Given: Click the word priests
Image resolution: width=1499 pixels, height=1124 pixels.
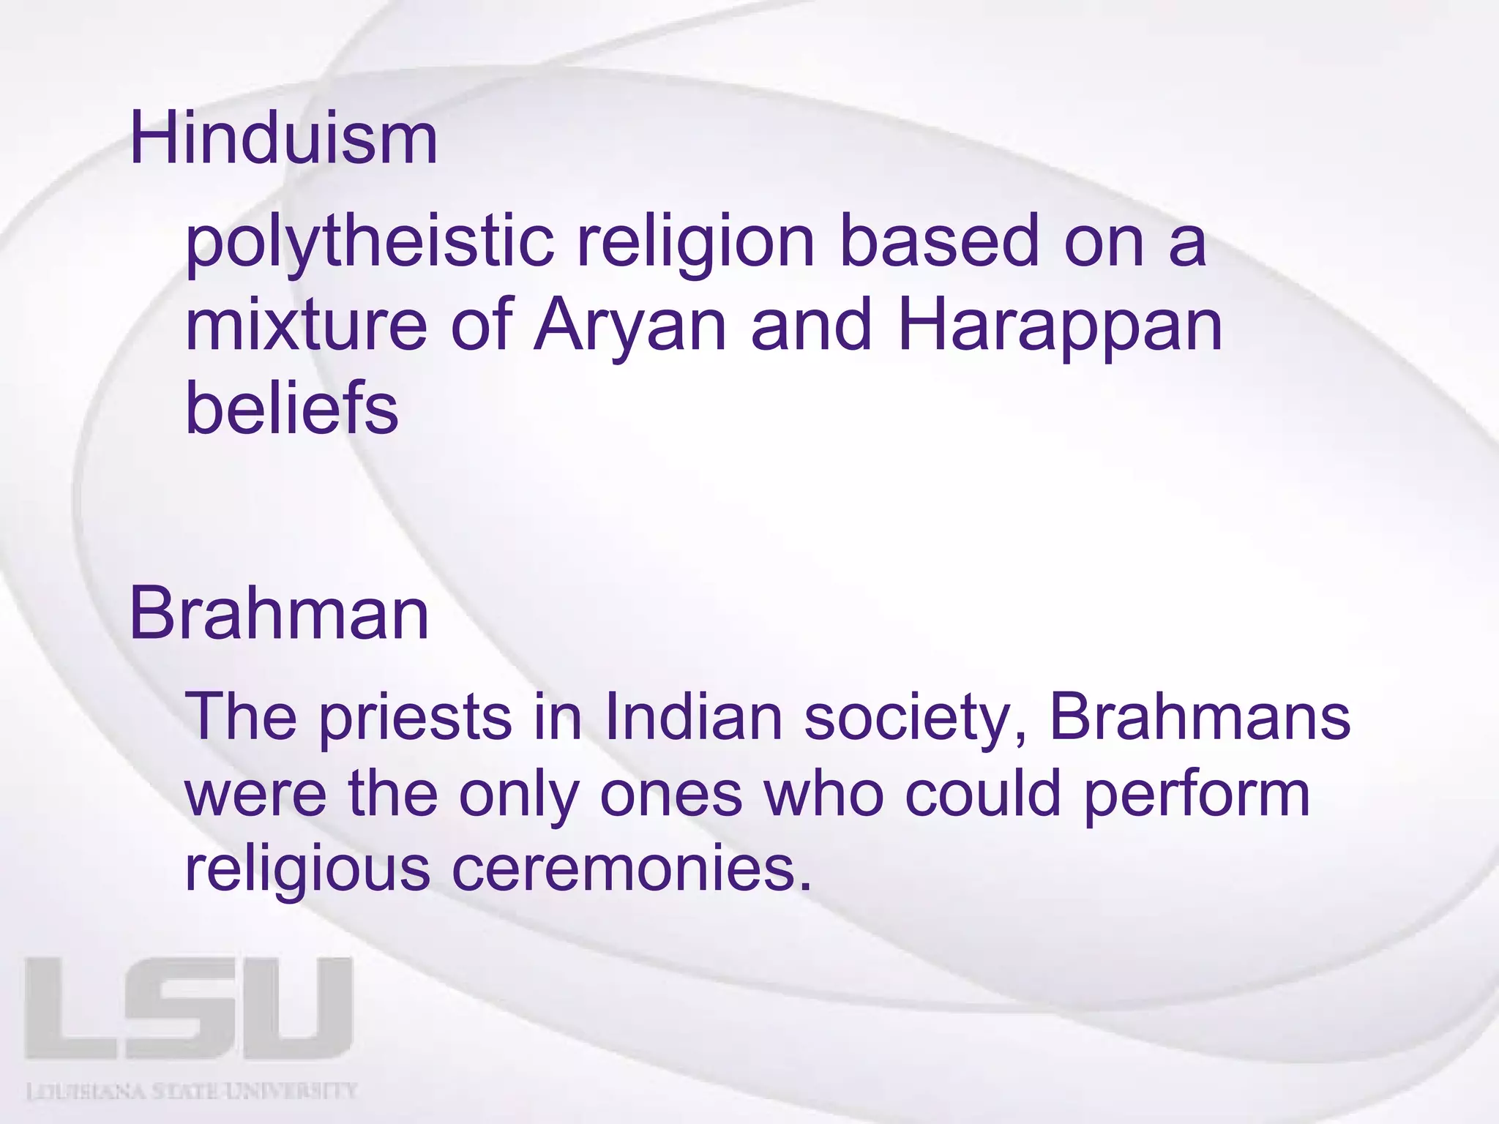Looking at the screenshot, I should click(x=415, y=717).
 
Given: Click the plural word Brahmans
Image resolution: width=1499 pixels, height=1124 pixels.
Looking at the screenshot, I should click(x=1200, y=717).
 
